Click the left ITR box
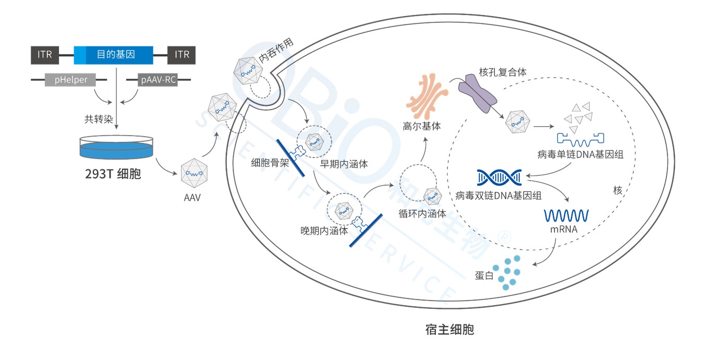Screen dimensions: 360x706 pos(45,55)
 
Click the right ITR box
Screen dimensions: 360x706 pos(182,55)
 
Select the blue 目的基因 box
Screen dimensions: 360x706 pos(114,55)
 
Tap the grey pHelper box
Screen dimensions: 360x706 pos(71,80)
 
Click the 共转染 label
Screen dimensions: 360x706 pos(97,118)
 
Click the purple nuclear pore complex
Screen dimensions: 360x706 pos(477,94)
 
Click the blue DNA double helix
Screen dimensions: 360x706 pos(500,177)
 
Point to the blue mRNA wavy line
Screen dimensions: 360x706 pos(566,214)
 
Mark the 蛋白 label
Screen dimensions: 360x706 pos(484,275)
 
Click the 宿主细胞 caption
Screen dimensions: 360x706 pos(449,330)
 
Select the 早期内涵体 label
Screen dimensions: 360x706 pos(344,164)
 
